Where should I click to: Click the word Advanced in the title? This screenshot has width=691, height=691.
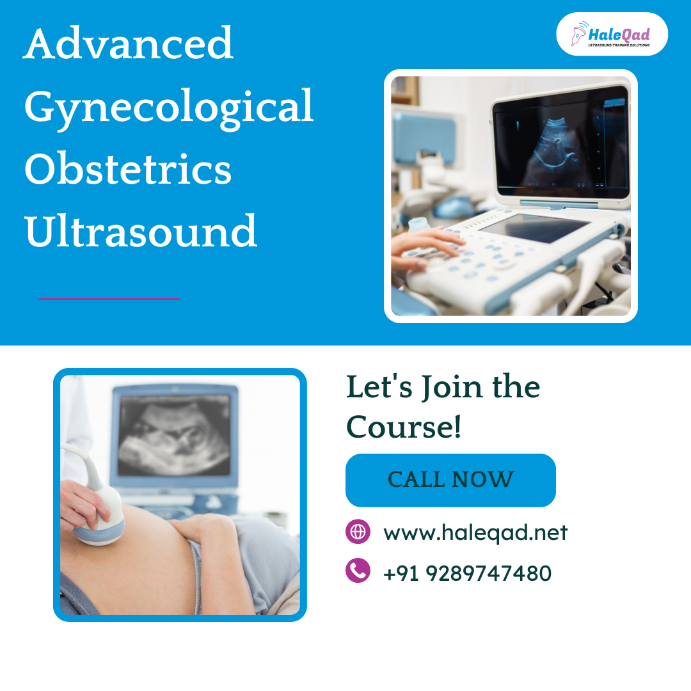tap(128, 44)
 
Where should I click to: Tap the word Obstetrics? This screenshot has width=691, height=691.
tap(128, 169)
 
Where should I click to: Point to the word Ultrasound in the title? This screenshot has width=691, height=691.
tap(141, 231)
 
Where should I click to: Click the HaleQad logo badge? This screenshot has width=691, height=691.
tap(612, 34)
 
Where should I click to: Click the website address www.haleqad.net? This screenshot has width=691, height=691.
tap(475, 532)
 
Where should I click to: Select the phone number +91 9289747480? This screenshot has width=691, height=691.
tap(467, 573)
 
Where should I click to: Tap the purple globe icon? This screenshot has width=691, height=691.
tap(358, 532)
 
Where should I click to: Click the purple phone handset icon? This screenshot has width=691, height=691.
tap(358, 570)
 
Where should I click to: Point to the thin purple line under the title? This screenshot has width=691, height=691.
tap(109, 299)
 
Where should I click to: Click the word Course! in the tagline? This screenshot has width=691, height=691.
tap(404, 427)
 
